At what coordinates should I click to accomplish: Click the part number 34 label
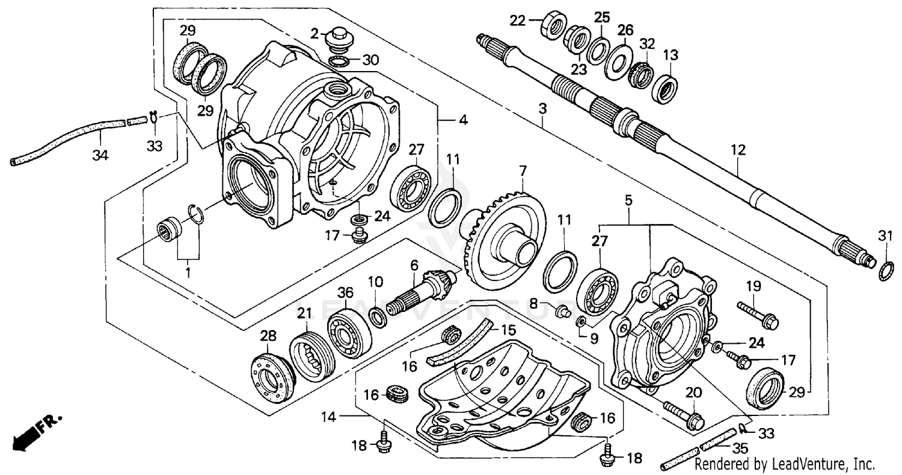pyautogui.click(x=100, y=155)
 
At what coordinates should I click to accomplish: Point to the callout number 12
pyautogui.click(x=738, y=151)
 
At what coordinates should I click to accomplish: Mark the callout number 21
pyautogui.click(x=305, y=312)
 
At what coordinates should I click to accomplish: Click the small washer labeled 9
pyautogui.click(x=581, y=323)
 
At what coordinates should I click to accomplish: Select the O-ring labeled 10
pyautogui.click(x=378, y=317)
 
